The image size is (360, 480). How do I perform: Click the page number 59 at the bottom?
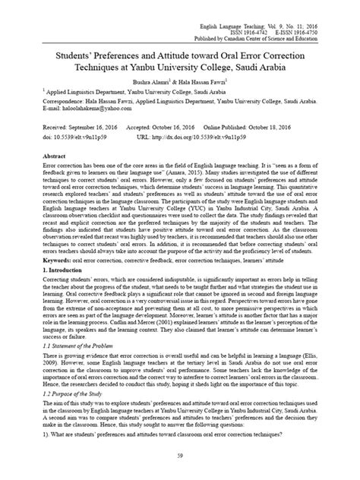(x=180, y=454)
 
